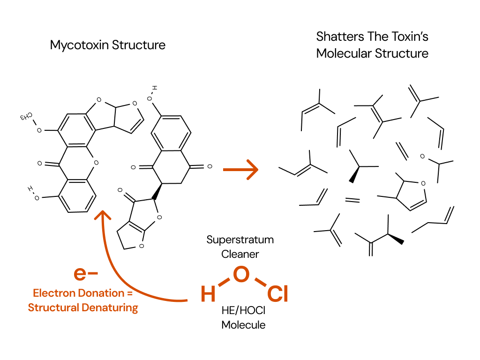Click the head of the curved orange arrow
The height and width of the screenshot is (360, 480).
point(102,216)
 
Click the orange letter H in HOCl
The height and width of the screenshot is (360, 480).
point(208,294)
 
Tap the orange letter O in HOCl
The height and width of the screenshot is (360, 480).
point(240,275)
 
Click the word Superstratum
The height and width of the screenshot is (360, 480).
point(240,240)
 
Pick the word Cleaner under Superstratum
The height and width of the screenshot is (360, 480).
point(240,254)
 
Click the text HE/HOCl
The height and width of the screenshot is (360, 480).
point(240,310)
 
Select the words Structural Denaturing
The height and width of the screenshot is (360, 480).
point(83,308)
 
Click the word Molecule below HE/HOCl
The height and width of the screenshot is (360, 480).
point(243,324)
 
